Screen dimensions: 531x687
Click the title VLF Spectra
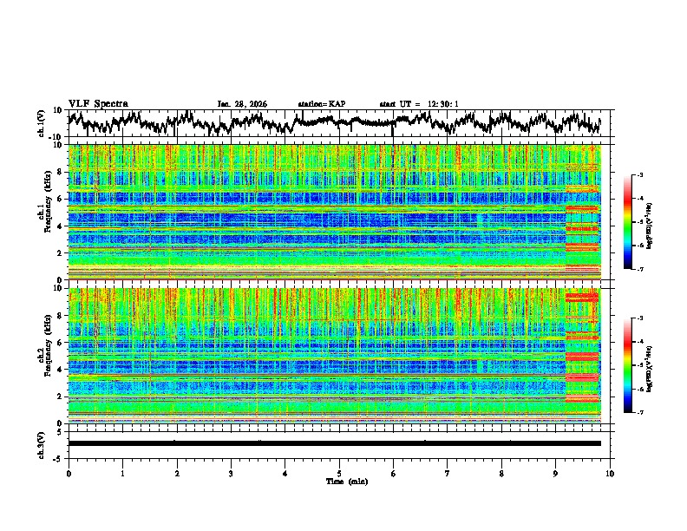pos(98,103)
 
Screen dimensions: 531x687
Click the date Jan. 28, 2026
pos(242,104)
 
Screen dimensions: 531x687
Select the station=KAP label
pos(321,104)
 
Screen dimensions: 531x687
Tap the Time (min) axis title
pos(339,481)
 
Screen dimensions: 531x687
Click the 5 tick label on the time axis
pos(339,473)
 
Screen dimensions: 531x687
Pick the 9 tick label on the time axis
pos(556,473)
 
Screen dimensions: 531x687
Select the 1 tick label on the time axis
pos(122,473)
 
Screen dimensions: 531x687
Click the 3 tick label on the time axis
pos(231,473)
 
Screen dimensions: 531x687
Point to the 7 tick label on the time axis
pos(448,473)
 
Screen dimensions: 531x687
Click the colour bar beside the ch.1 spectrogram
pos(638,221)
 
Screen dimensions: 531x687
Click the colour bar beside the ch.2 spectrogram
pos(638,364)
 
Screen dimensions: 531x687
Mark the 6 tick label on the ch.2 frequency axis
pos(62,342)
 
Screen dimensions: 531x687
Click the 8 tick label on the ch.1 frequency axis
pos(62,172)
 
